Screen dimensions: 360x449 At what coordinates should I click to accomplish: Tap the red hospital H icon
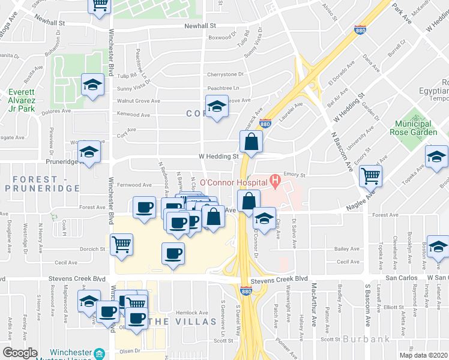click(x=275, y=179)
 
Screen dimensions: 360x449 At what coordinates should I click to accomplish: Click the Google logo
click(x=20, y=353)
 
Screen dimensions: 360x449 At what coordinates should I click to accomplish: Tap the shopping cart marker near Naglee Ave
click(x=371, y=176)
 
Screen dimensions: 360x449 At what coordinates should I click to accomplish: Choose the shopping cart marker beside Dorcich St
click(x=122, y=244)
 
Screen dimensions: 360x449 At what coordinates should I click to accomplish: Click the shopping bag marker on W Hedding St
click(x=251, y=142)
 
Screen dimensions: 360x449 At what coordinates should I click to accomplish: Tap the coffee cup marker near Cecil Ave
click(x=173, y=253)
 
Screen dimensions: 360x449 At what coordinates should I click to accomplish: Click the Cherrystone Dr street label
click(x=225, y=74)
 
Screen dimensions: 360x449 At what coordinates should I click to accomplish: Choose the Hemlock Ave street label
click(x=191, y=312)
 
